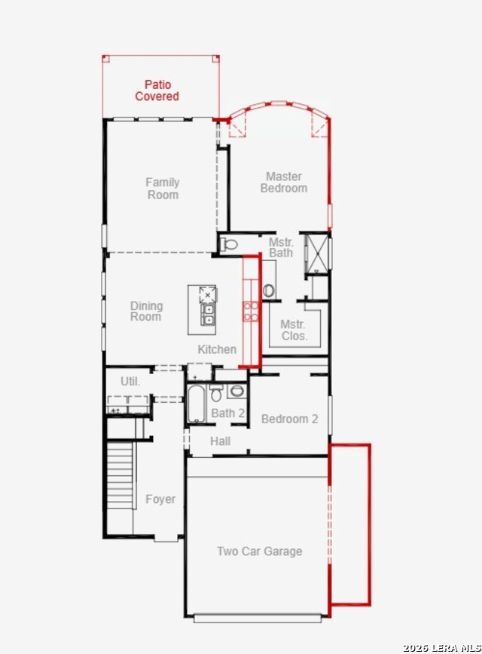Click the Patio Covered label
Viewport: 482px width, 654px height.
click(x=157, y=91)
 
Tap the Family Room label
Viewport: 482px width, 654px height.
click(x=163, y=189)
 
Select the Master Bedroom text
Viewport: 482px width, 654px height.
click(x=284, y=183)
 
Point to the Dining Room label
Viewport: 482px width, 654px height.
click(x=146, y=311)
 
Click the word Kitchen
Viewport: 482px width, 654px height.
click(x=217, y=349)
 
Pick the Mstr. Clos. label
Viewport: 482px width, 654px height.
click(x=293, y=330)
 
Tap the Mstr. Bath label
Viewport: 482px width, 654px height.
click(x=281, y=247)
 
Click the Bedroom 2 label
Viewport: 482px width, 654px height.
click(x=289, y=419)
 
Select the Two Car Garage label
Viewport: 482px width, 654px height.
click(x=260, y=551)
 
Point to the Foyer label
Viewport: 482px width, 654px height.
click(x=160, y=499)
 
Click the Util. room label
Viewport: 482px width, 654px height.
click(x=130, y=381)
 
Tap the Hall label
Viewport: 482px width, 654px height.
click(x=220, y=441)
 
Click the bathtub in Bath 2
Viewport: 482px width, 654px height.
click(x=197, y=404)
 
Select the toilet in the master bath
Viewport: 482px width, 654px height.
click(x=228, y=244)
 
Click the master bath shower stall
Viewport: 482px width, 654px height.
click(x=317, y=253)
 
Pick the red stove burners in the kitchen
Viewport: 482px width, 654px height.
click(x=251, y=312)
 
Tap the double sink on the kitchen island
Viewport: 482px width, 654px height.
click(x=208, y=315)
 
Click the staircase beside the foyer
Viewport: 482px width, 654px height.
click(x=120, y=475)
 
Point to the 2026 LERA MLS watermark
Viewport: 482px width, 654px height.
click(x=442, y=648)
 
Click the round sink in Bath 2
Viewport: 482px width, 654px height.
click(x=237, y=391)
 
